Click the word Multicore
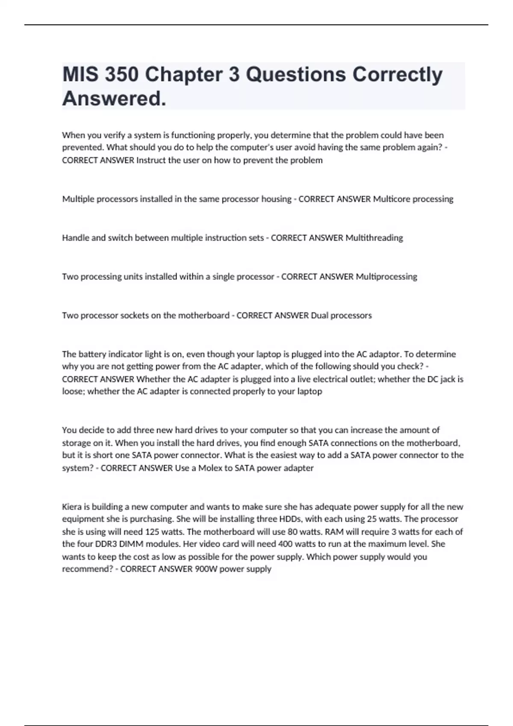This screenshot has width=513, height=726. pos(391,199)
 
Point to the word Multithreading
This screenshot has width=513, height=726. pos(374,238)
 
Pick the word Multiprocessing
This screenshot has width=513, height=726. pos(386,277)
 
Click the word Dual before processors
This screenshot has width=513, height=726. pos(319,316)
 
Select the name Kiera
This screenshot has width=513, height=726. pos(71,507)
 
